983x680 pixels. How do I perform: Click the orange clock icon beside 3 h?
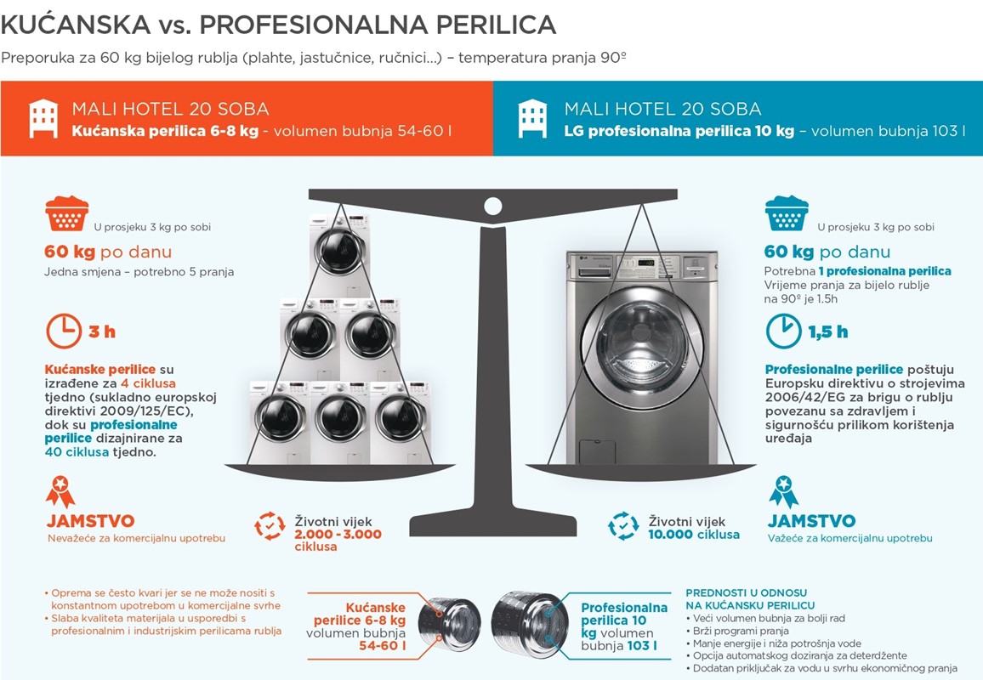(63, 331)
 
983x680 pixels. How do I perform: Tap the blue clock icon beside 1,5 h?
(783, 331)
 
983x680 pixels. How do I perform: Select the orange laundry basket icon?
(66, 213)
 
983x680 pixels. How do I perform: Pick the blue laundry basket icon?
(787, 213)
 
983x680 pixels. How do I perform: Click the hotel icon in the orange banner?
(43, 118)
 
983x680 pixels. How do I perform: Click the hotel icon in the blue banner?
(532, 118)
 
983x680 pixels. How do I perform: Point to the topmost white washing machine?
(340, 256)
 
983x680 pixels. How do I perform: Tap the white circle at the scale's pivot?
(492, 206)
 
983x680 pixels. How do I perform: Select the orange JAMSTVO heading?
(91, 521)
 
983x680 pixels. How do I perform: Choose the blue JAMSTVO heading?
(811, 521)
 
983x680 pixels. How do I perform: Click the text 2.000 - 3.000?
(338, 534)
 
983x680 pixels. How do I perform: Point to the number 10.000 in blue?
(670, 535)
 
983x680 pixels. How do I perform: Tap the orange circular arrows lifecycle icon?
(270, 526)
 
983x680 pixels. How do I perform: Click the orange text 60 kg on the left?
(69, 252)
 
